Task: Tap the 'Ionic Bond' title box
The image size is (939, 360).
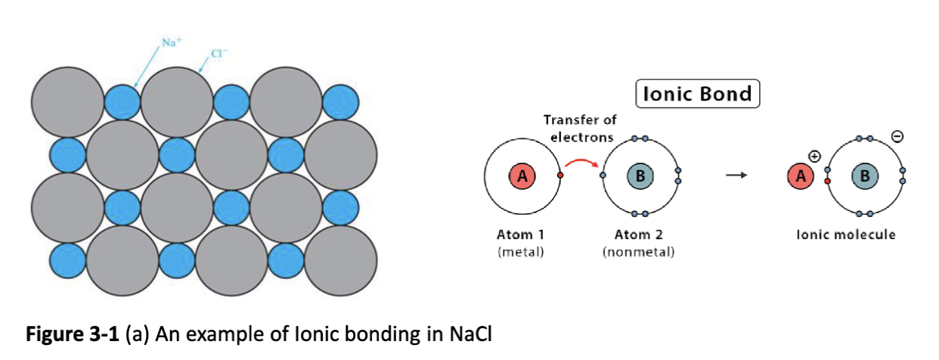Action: [x=697, y=94]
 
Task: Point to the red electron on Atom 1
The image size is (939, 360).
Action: [x=559, y=175]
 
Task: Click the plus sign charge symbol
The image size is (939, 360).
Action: [x=814, y=156]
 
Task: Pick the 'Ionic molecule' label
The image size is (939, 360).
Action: [x=846, y=234]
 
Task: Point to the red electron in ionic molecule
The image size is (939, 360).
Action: [x=828, y=182]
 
